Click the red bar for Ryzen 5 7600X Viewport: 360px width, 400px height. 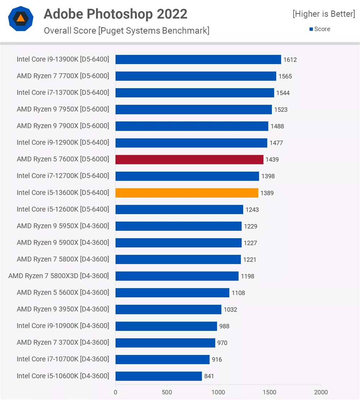point(189,159)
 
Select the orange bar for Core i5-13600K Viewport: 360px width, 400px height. point(187,193)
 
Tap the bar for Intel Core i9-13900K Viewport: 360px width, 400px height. point(198,59)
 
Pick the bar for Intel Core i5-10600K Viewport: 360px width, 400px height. point(158,376)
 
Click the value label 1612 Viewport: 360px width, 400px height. point(290,60)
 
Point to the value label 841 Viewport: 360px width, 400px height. point(209,376)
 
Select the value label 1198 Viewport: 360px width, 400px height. point(247,276)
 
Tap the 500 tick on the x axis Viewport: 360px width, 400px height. point(167,392)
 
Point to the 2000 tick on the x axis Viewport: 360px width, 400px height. point(321,392)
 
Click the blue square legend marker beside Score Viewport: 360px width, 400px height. point(311,29)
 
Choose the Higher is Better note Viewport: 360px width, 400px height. point(324,14)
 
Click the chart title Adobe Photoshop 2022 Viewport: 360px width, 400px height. point(116,14)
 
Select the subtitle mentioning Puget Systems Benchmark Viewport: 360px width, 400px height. point(126,31)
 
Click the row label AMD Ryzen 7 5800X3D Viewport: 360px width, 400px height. point(59,276)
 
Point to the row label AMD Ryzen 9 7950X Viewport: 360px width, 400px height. point(63,109)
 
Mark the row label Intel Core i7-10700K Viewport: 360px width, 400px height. point(63,359)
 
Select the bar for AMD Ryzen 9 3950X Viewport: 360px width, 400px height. point(168,309)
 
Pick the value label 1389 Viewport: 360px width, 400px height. point(267,193)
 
